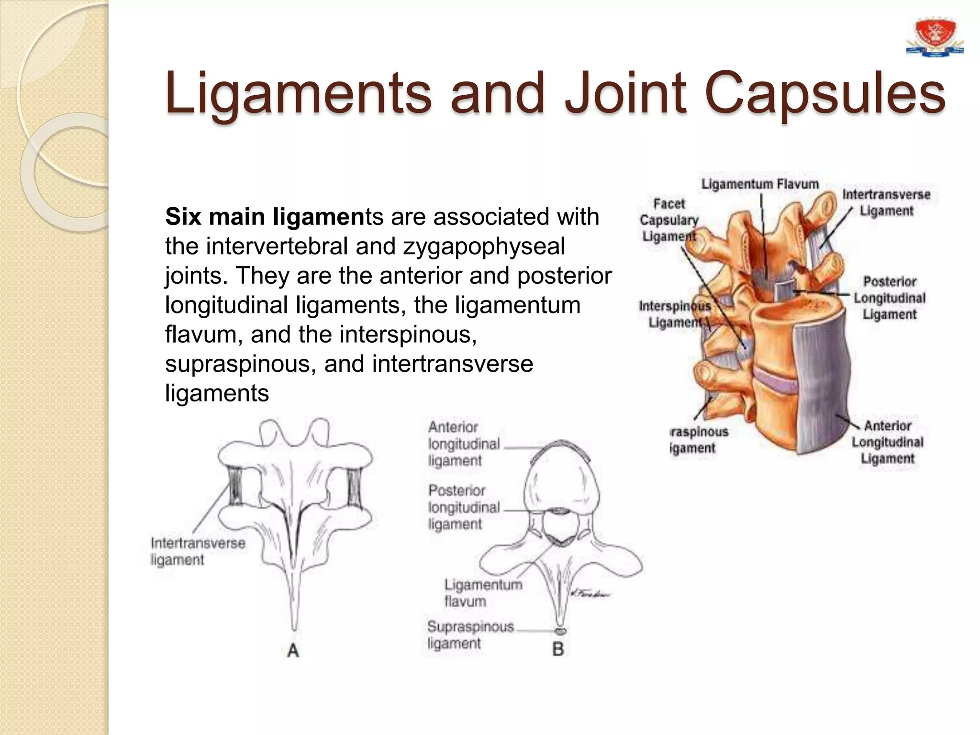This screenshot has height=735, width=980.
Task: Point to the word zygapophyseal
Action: pyautogui.click(x=484, y=246)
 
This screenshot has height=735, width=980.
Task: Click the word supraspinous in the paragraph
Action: pyautogui.click(x=241, y=364)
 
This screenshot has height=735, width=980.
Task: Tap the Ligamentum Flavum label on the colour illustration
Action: pyautogui.click(x=760, y=184)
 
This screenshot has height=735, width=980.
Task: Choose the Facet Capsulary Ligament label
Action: pyautogui.click(x=669, y=220)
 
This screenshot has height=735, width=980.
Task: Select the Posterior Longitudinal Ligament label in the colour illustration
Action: pyautogui.click(x=890, y=298)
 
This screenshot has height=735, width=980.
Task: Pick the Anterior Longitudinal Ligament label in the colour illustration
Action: pyautogui.click(x=888, y=442)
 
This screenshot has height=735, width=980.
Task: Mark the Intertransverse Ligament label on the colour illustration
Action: pyautogui.click(x=886, y=202)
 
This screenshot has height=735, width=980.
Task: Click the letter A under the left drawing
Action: pyautogui.click(x=293, y=650)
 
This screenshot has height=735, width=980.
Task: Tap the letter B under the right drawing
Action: pyautogui.click(x=558, y=649)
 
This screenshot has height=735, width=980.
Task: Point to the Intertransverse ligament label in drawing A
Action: pyautogui.click(x=198, y=551)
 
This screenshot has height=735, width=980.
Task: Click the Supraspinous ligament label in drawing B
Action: pyautogui.click(x=470, y=635)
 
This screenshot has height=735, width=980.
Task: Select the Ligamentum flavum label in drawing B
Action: pyautogui.click(x=483, y=592)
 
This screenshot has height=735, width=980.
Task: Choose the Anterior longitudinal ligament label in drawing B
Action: pyautogui.click(x=463, y=444)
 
